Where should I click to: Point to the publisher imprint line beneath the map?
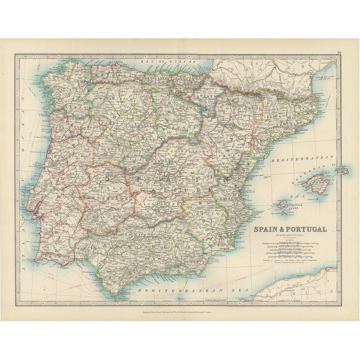179,319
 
